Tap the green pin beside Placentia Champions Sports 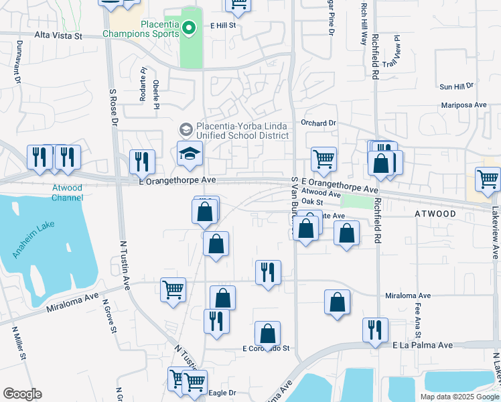189,27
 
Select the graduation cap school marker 190,153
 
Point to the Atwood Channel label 68,193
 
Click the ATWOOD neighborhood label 435,214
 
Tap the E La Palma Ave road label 423,344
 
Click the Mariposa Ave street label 463,105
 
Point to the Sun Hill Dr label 456,86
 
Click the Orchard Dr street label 318,123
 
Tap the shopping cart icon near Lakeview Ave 488,180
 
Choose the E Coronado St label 266,348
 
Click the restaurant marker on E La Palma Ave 375,330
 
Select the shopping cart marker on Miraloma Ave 173,290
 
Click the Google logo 22,394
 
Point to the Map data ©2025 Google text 459,397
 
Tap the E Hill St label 223,25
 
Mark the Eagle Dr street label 223,393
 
